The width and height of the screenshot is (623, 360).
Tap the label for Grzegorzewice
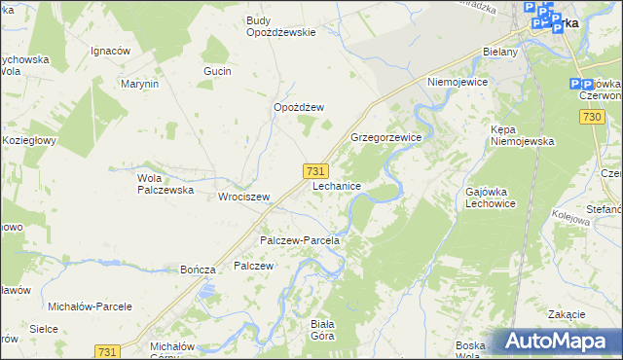point(385,138)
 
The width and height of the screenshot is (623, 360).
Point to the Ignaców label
point(110,51)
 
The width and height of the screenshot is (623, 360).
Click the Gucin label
point(216,72)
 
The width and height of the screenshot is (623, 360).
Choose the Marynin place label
point(139,85)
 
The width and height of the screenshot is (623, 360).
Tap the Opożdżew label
point(298,108)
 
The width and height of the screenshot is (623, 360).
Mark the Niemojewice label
point(456,83)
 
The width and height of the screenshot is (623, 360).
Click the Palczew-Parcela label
point(299,240)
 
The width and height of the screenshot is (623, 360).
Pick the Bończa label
point(198,270)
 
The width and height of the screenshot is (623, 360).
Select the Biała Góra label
point(321,330)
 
